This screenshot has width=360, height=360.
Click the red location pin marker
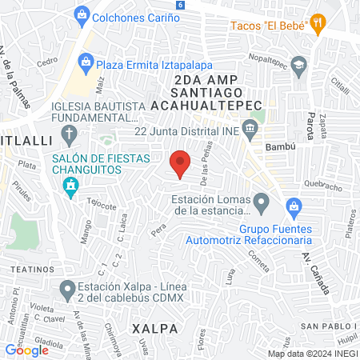tap(181, 164)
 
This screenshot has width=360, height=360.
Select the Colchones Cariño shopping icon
tap(81, 14)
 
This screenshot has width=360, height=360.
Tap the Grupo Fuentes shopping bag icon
tap(294, 206)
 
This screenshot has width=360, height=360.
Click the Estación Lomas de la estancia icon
tap(262, 203)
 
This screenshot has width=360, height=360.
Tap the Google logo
tap(26, 350)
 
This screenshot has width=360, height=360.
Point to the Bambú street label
tap(281, 147)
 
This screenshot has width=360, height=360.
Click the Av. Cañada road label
tap(315, 272)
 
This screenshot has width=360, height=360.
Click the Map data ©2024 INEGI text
tap(311, 353)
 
